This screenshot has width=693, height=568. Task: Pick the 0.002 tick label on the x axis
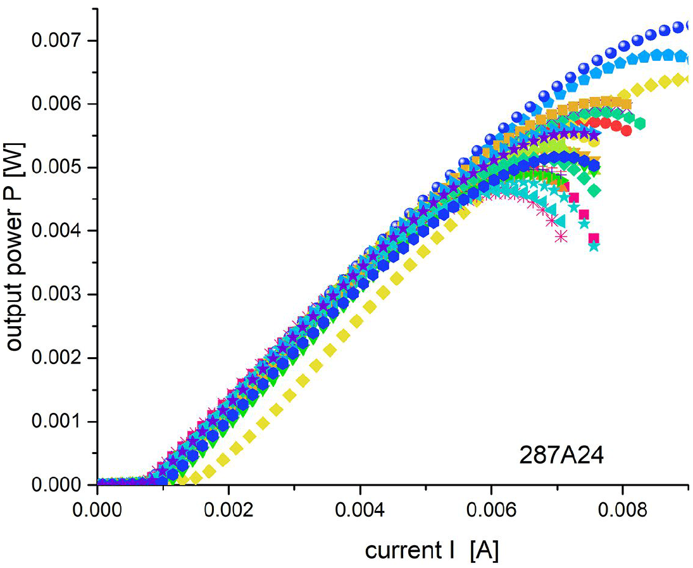(229, 509)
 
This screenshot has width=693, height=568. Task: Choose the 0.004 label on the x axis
(360, 509)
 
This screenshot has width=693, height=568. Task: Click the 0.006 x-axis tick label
(491, 509)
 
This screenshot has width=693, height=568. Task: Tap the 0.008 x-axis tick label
(622, 509)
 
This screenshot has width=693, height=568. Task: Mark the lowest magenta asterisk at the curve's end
(561, 236)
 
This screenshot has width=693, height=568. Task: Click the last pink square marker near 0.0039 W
(593, 238)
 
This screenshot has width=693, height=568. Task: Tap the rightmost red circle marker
(627, 131)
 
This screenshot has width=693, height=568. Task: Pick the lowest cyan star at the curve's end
(593, 246)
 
